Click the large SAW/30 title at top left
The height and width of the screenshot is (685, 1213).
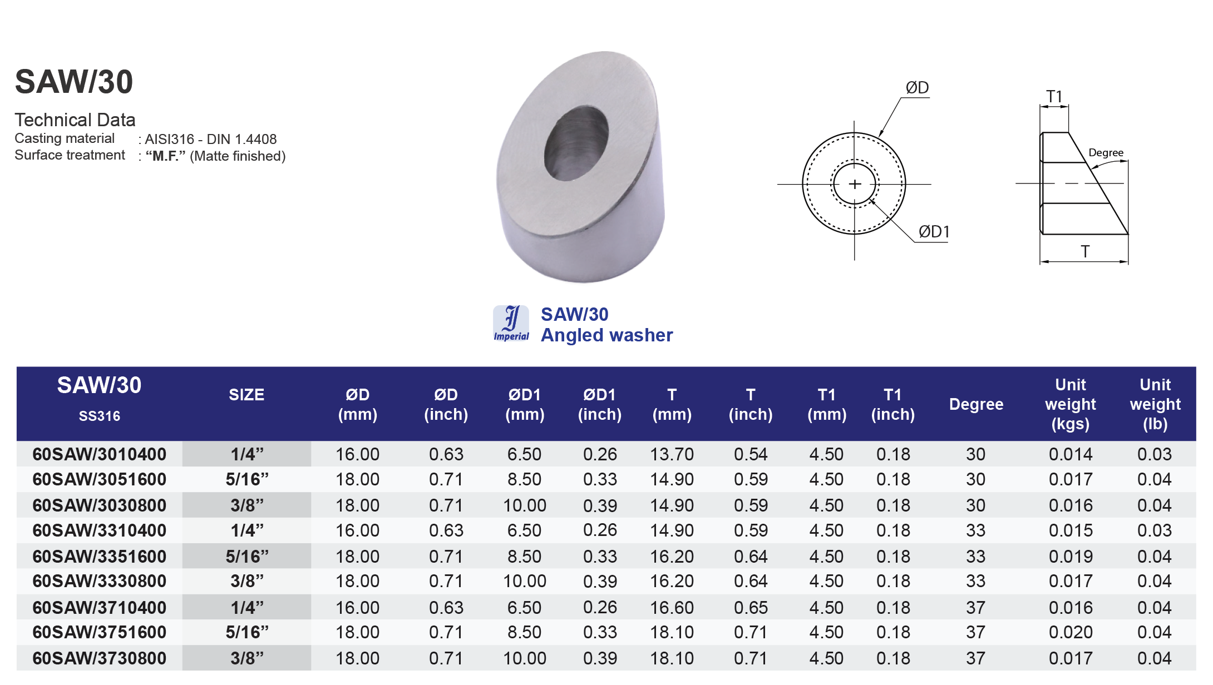point(74,82)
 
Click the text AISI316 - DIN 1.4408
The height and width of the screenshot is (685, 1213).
point(210,139)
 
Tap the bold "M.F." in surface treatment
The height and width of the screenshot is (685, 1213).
point(165,156)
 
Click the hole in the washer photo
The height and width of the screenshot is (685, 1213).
point(576,144)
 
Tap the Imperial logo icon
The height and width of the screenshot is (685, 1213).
point(511,323)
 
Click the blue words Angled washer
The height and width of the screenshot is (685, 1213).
point(606,335)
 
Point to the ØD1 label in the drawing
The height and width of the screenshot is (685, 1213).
point(934,232)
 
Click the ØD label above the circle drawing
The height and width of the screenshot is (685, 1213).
point(917,88)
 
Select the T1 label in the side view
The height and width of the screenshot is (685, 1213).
point(1054,97)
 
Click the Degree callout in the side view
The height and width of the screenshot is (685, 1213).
point(1106,153)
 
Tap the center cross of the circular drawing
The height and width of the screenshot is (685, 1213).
point(855,184)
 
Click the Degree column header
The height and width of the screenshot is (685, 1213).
point(976,404)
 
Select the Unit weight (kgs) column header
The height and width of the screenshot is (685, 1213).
point(1070,404)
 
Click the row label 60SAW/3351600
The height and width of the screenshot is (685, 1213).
point(100,557)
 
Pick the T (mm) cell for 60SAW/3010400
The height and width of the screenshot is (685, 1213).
point(672,454)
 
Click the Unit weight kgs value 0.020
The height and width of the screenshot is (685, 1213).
point(1071,632)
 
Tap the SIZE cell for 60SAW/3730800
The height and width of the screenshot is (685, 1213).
point(246,658)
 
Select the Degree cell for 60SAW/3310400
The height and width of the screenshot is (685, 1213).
point(975,530)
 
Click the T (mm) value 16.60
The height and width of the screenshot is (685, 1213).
point(672,608)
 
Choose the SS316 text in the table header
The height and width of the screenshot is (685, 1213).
point(100,416)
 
